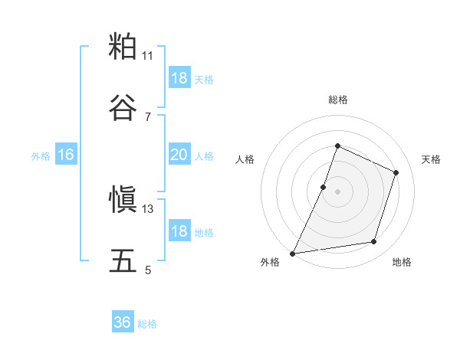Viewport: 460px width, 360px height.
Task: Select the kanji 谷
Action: pos(123,108)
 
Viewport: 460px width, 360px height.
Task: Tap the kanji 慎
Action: pos(123,201)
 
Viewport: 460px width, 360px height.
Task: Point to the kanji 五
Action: pos(123,261)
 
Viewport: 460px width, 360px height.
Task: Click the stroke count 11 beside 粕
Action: pos(148,56)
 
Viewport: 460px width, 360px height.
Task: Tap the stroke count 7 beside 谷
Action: pos(148,116)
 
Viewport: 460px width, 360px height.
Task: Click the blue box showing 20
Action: pos(179,155)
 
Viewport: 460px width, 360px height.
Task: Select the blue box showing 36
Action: pos(123,322)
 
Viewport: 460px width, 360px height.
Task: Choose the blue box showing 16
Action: pos(65,155)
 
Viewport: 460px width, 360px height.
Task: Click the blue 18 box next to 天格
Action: pos(179,78)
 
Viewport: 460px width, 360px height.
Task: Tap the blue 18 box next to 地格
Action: pos(179,231)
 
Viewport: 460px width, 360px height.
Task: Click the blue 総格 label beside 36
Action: pos(148,324)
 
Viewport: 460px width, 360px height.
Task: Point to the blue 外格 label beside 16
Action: pos(41,156)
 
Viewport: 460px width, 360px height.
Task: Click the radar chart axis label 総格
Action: pos(337,100)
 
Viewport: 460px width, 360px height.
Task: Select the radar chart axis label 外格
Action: pos(270,263)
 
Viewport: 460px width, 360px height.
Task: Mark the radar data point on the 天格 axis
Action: pos(396,172)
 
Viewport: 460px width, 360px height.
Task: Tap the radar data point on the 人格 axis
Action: pos(324,187)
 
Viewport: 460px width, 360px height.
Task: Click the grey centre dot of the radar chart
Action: pos(337,191)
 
